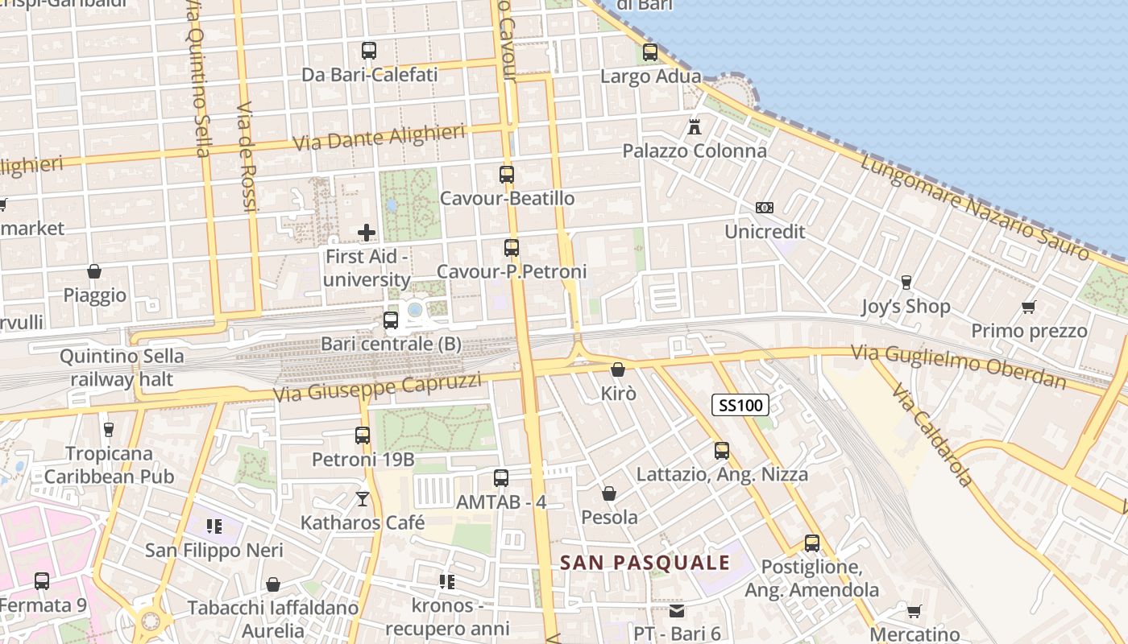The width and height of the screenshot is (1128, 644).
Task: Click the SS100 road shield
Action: [x=740, y=405]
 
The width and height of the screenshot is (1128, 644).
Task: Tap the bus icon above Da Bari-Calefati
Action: [x=369, y=51]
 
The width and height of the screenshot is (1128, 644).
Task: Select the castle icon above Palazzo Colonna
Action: [x=695, y=126]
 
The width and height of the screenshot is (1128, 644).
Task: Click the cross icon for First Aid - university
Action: [x=367, y=233]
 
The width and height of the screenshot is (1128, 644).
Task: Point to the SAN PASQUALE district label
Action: [x=645, y=563]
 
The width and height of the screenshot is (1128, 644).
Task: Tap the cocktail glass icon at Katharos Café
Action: [x=363, y=499]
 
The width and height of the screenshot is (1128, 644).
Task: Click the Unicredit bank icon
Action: [x=765, y=208]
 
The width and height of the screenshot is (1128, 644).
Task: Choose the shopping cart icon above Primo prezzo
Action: [x=1028, y=307]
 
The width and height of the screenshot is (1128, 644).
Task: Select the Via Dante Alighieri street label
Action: [x=379, y=138]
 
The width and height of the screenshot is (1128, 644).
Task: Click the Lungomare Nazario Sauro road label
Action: [x=975, y=205]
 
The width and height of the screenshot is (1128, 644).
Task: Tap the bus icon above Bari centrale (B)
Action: [x=391, y=320]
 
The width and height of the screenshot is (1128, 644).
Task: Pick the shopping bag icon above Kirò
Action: [x=618, y=369]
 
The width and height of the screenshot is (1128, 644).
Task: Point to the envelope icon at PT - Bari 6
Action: [x=676, y=611]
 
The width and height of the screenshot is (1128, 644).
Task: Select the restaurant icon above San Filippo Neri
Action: [x=214, y=526]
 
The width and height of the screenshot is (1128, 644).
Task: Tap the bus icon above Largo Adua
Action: [x=650, y=52]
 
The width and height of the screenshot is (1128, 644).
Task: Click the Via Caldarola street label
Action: [x=933, y=435]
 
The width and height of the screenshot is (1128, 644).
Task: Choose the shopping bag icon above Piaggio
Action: [x=94, y=271]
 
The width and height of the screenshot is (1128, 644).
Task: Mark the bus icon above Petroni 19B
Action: [x=363, y=436]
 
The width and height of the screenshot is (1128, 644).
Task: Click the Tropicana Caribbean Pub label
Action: [x=109, y=465]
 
